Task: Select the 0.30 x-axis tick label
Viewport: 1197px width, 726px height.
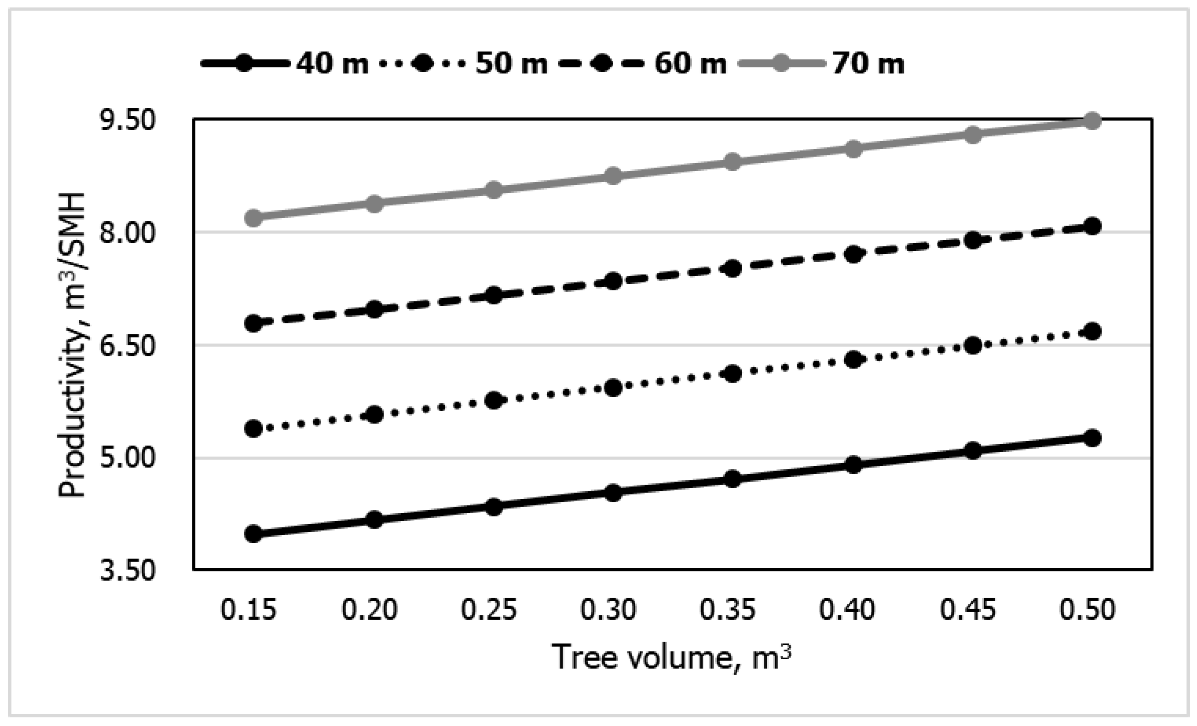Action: [608, 610]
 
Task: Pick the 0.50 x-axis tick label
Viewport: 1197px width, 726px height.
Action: [1087, 610]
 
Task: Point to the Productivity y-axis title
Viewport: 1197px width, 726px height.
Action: [72, 345]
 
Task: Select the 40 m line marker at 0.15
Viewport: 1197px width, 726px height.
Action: [254, 534]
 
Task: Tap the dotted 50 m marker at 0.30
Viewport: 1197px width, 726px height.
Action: [613, 387]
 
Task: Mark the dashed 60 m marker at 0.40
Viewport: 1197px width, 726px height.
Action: [853, 254]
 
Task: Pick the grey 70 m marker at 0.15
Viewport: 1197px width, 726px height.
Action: [254, 217]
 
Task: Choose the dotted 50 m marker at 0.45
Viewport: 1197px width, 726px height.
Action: [972, 345]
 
